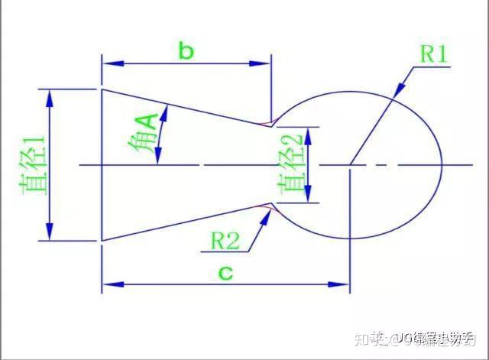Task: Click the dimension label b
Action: click(186, 51)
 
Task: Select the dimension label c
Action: click(225, 271)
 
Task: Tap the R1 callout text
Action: click(434, 54)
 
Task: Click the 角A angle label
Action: click(145, 135)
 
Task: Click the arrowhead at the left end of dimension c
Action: click(108, 285)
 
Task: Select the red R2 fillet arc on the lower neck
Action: click(266, 206)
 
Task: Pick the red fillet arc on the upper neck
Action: click(266, 123)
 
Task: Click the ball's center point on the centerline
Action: click(350, 164)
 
